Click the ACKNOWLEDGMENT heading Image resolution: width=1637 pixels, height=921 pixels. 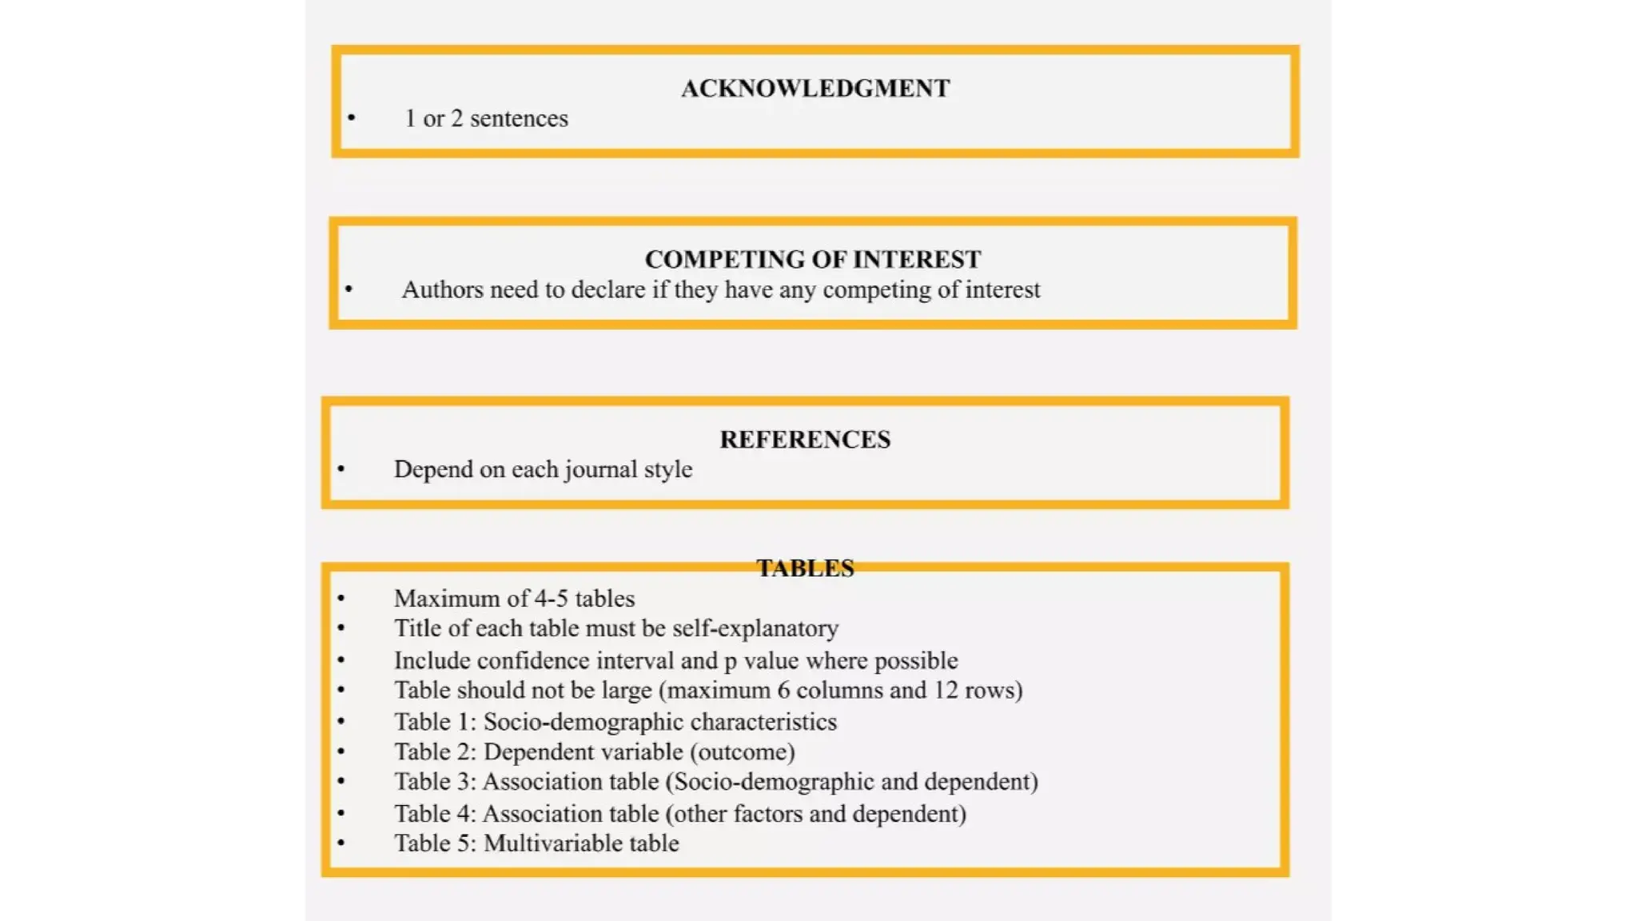815,88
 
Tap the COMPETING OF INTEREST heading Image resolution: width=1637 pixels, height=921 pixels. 813,259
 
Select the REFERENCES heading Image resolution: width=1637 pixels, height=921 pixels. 805,439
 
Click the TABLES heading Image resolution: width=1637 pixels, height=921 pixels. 805,568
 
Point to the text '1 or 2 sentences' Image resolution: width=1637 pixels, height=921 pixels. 486,118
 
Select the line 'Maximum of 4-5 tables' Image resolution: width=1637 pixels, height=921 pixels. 514,598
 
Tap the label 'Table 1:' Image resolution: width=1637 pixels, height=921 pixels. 435,722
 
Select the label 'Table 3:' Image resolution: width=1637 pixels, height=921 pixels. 435,781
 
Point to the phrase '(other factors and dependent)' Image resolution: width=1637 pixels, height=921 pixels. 816,814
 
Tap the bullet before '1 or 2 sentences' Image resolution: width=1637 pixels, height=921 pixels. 351,118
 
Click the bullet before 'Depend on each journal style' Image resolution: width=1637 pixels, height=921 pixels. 341,469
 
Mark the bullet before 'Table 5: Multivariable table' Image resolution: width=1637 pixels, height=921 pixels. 341,843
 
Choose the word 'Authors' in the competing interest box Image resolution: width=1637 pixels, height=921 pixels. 442,289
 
